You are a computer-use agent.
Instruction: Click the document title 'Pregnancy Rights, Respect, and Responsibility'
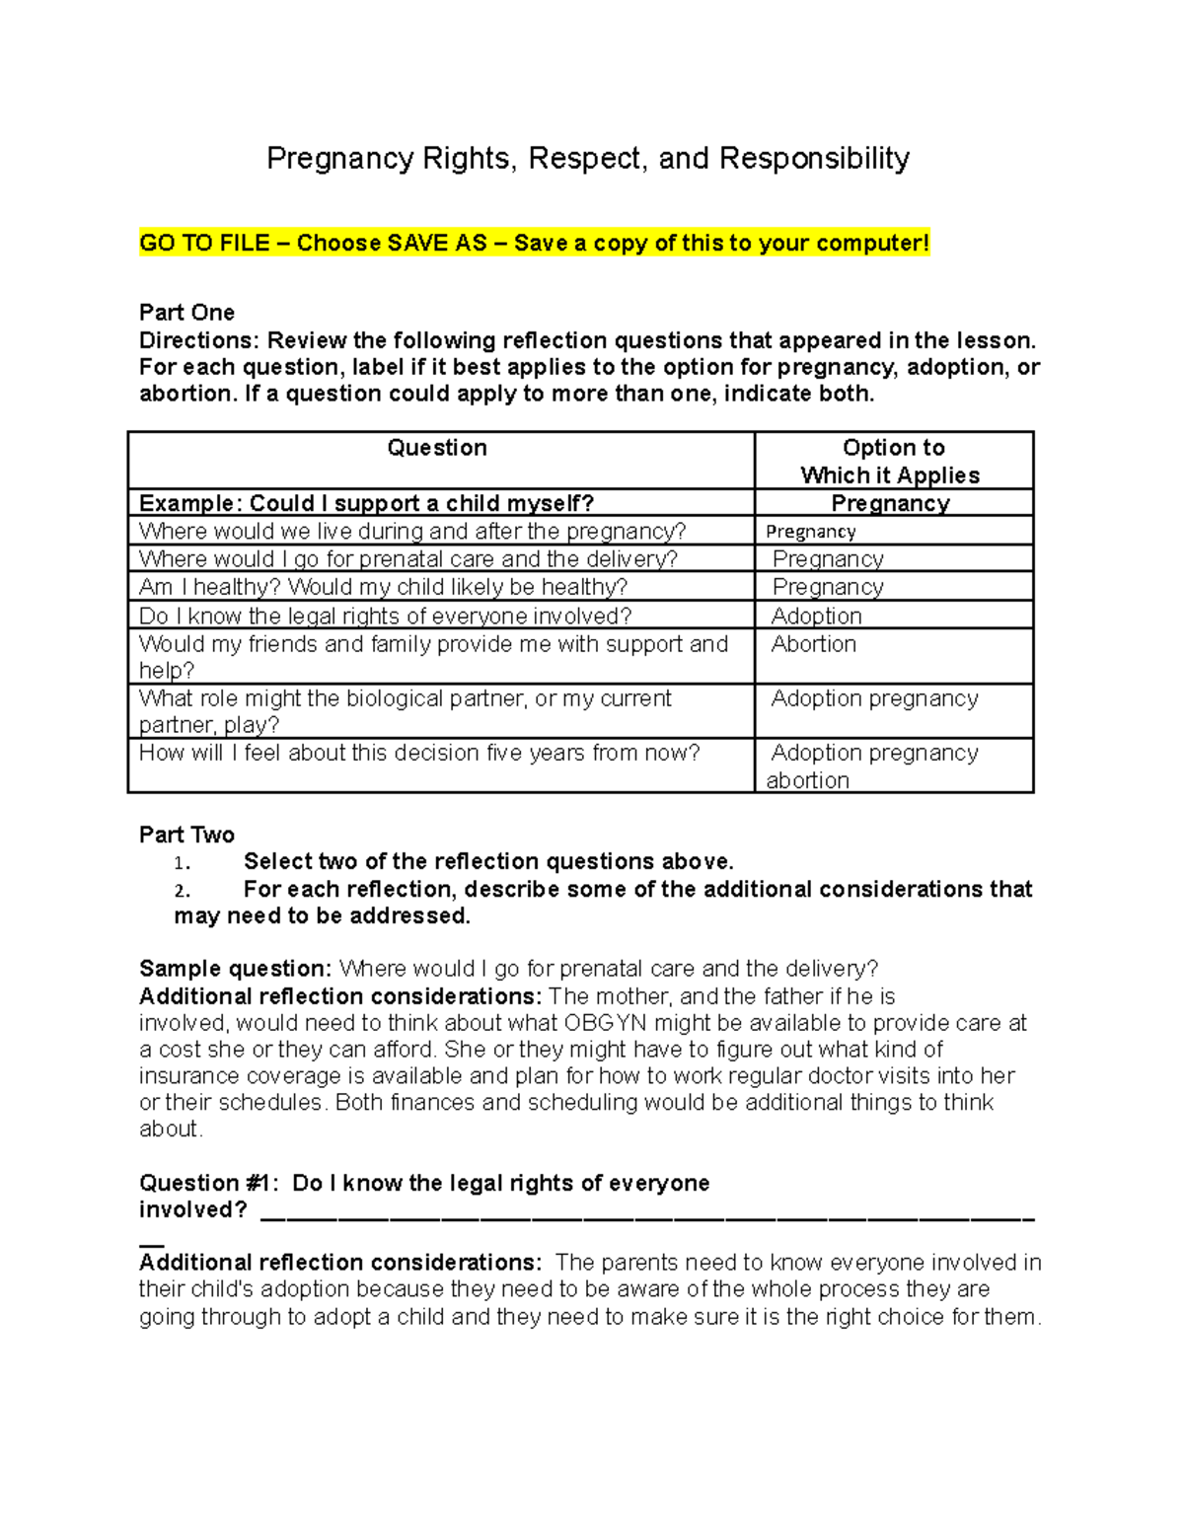[588, 159]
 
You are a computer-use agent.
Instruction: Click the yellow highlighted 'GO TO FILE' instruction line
[534, 244]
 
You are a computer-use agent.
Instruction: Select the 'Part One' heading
[186, 313]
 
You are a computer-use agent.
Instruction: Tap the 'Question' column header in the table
[437, 448]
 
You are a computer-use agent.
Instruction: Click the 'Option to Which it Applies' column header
[892, 461]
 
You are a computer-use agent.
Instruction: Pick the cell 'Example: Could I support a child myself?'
[366, 503]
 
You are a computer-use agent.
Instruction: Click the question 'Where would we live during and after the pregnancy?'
[411, 531]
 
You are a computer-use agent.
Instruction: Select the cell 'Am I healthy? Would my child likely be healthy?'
[383, 587]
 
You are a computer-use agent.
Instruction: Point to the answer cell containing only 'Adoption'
[816, 616]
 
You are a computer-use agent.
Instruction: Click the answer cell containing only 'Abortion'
[813, 644]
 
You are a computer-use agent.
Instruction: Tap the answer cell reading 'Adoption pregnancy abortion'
[873, 766]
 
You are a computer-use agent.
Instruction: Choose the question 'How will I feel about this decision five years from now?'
[419, 753]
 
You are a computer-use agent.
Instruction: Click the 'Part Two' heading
[186, 835]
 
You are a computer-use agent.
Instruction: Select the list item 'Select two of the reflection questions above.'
[488, 861]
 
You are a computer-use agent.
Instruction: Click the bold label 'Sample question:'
[235, 969]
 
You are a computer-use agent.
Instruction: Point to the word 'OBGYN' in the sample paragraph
[605, 1023]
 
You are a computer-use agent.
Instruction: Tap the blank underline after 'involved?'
[646, 1213]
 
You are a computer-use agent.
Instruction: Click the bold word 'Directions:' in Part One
[199, 340]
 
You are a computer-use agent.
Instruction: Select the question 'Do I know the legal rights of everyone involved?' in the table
[385, 617]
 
